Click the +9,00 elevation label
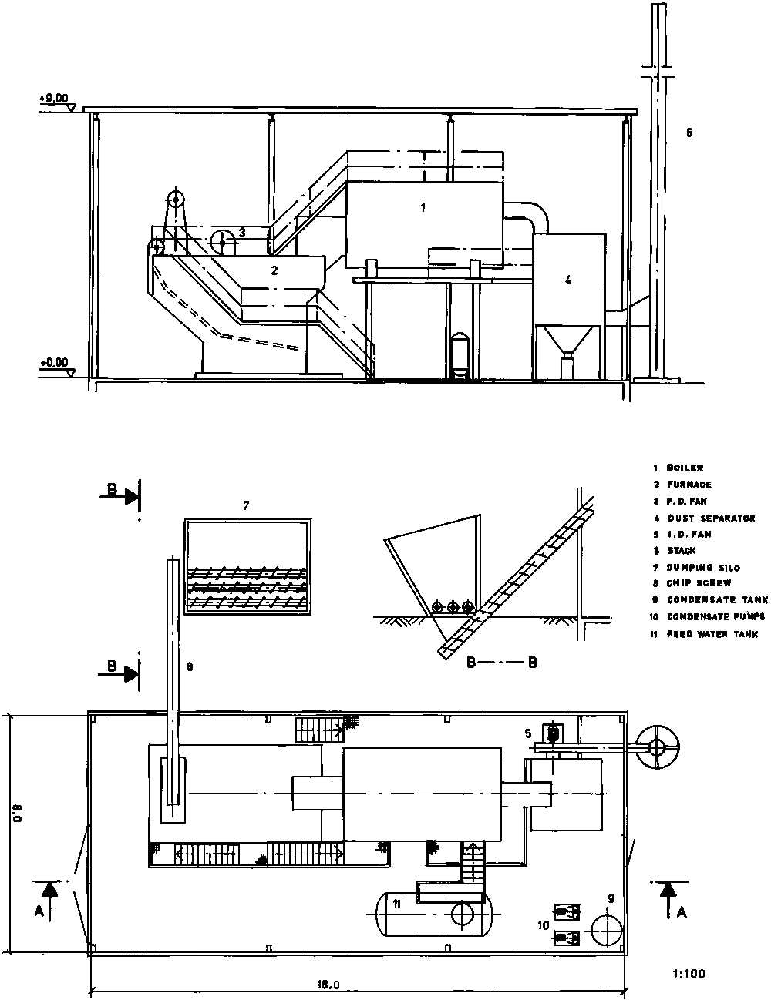pyautogui.click(x=53, y=98)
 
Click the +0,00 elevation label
pyautogui.click(x=53, y=361)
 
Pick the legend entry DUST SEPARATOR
pyautogui.click(x=711, y=518)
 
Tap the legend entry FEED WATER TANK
pyautogui.click(x=712, y=634)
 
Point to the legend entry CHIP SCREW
pyautogui.click(x=699, y=583)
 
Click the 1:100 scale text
pyautogui.click(x=689, y=974)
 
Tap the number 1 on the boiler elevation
pyautogui.click(x=422, y=207)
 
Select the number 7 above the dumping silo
pyautogui.click(x=246, y=505)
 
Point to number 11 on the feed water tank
pyautogui.click(x=397, y=903)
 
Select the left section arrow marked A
pyautogui.click(x=49, y=900)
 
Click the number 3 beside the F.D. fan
pyautogui.click(x=241, y=231)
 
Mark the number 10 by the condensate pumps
pyautogui.click(x=544, y=924)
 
